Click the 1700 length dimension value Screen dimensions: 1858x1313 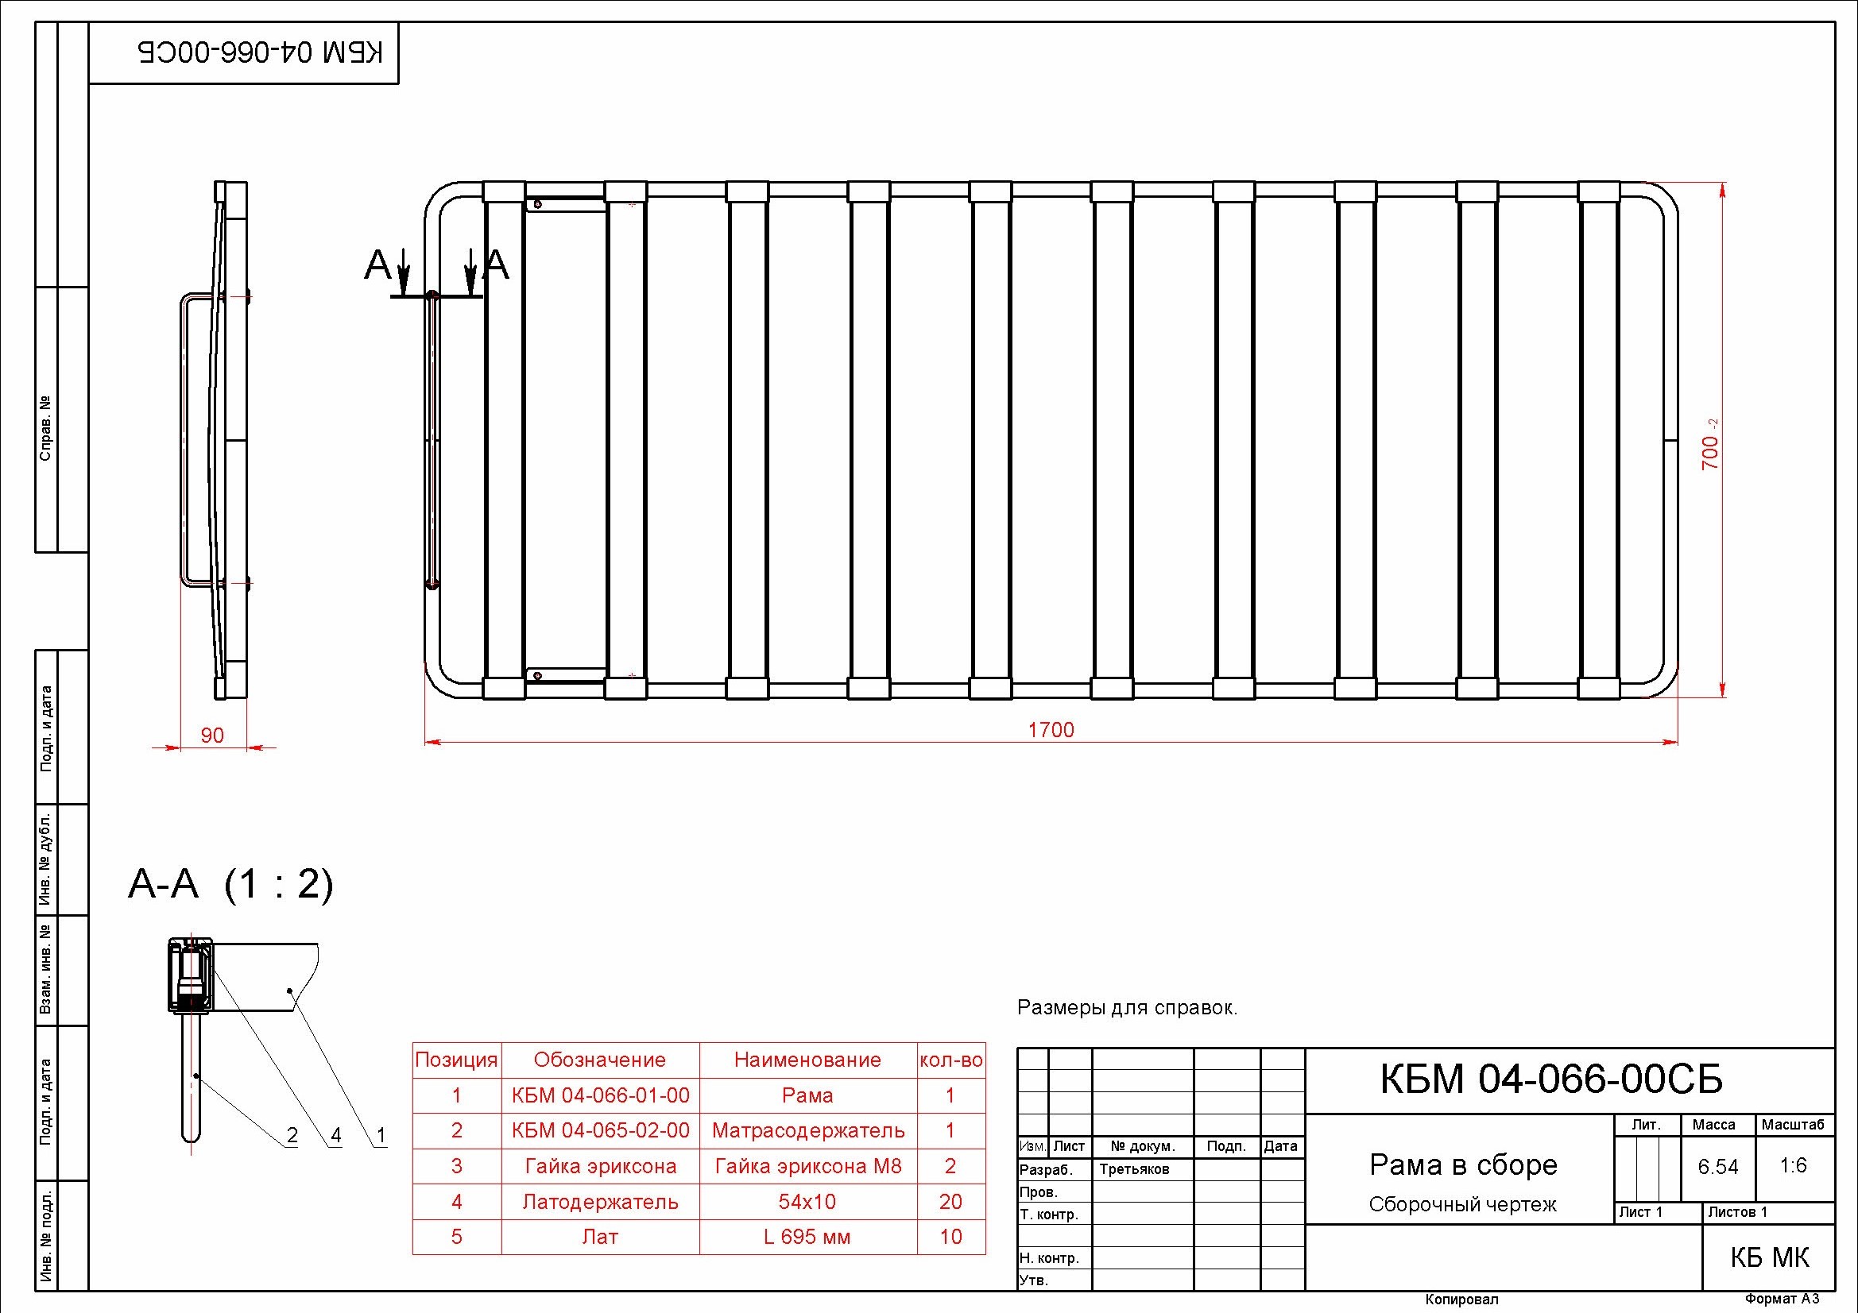point(1051,730)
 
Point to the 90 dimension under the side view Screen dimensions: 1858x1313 point(212,736)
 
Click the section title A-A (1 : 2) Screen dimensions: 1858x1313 point(230,885)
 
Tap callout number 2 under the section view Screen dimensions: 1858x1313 point(292,1135)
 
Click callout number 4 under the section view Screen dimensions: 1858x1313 point(336,1135)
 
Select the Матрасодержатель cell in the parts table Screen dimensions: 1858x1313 point(807,1130)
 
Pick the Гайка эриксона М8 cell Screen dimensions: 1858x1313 point(807,1166)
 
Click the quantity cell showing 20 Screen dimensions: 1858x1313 point(950,1201)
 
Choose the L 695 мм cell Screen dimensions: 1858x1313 point(807,1237)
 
